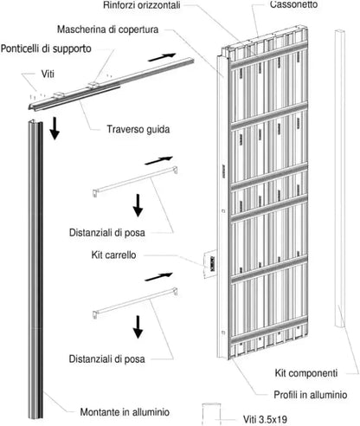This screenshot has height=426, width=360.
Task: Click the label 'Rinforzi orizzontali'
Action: pos(142,5)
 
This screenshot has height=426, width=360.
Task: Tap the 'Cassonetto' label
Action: pos(293,4)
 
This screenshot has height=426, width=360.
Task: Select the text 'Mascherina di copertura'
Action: pos(107,29)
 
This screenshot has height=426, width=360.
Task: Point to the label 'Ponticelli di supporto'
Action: pos(46,48)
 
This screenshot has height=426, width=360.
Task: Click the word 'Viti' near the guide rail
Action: pos(48,74)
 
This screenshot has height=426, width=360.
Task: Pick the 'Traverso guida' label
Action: pos(138,129)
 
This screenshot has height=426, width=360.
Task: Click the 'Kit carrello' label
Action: pos(113,255)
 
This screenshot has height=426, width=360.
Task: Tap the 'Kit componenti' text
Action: pos(306,373)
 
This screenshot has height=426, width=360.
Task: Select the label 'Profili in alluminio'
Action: pos(311,395)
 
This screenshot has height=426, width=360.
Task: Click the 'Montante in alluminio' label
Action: pos(125,412)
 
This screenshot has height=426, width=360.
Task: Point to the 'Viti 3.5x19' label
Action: pos(265,419)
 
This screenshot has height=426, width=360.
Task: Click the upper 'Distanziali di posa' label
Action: pos(107,232)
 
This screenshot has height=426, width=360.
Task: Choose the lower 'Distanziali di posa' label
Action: pos(106,359)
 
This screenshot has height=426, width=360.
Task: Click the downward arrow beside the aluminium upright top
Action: pos(55,128)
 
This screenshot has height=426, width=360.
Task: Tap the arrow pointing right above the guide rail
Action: pos(162,57)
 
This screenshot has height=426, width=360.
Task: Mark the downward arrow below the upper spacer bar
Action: pos(138,205)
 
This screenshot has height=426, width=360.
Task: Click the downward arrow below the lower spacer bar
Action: pos(138,327)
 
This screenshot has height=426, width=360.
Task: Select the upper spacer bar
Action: pos(135,182)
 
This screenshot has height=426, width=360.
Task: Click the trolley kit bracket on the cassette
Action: pos(209,264)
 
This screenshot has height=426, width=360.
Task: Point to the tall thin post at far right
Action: pos(340,178)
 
